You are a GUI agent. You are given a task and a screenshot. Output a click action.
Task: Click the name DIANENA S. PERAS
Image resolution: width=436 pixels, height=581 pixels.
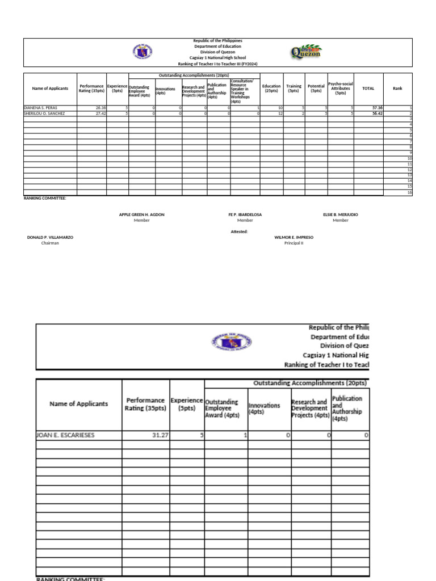pos(40,107)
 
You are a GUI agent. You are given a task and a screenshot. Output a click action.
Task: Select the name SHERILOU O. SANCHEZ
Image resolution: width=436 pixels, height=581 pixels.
pos(44,113)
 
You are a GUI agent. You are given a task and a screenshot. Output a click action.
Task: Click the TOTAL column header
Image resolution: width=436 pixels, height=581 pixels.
pos(368,89)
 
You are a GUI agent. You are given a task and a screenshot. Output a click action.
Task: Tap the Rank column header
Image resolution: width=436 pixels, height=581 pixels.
pos(397,89)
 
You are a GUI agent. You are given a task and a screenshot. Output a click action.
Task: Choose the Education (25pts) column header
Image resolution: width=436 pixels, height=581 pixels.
pos(271,89)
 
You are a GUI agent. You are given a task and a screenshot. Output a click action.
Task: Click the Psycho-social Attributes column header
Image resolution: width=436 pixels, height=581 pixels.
pos(341,89)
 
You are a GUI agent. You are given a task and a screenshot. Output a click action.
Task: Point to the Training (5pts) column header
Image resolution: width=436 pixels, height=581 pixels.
pos(294,89)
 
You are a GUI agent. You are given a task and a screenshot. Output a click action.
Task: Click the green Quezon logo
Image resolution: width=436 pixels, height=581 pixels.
pos(306,53)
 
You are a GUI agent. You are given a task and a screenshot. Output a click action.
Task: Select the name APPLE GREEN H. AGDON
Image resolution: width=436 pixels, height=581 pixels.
pos(142,214)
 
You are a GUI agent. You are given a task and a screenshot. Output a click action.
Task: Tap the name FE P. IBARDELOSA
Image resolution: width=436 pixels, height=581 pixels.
pos(245,214)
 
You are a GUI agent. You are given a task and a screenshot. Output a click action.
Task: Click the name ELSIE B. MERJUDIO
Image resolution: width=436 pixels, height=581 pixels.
pos(341,214)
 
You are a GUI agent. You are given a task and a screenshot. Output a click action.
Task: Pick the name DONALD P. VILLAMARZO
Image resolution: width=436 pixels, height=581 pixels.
pos(50,237)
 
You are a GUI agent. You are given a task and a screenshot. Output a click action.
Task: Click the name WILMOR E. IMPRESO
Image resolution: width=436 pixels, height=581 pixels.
pos(294,237)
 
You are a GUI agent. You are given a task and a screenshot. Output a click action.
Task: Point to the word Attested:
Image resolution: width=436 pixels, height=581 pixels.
pos(239,231)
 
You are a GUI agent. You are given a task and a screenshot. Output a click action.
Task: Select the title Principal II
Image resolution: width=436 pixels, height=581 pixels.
pos(294,243)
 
